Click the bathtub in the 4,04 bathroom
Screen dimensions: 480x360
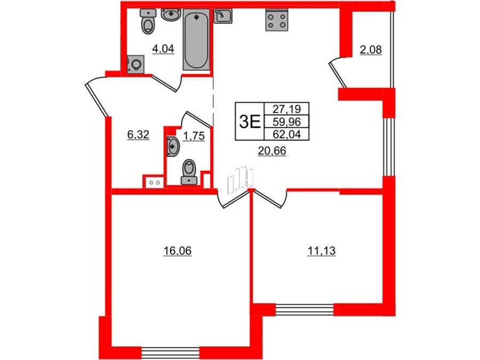tap(196, 39)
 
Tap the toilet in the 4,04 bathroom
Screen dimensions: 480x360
tap(148, 21)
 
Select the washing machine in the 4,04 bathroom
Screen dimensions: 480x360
tap(135, 65)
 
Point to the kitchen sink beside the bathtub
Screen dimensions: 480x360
tap(223, 16)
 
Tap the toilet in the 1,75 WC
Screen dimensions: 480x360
tap(189, 172)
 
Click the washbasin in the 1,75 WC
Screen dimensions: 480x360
tap(173, 146)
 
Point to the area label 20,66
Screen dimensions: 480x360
tap(272, 151)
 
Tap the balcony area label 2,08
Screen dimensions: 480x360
tap(371, 50)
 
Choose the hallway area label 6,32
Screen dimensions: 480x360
tap(138, 135)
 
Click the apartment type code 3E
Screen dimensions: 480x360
tap(250, 122)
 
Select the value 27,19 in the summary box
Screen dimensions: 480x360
tap(286, 109)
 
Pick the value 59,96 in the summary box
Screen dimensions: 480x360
tap(286, 122)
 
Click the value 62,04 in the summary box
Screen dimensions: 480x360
tap(286, 134)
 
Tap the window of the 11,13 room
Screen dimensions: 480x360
tap(305, 309)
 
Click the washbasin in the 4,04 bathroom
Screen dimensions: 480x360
tap(171, 15)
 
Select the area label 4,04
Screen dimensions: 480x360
tap(163, 49)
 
